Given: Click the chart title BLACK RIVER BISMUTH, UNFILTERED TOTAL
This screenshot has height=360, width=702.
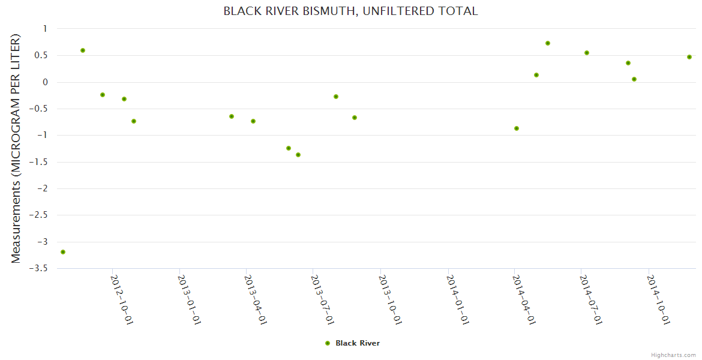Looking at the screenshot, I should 350,11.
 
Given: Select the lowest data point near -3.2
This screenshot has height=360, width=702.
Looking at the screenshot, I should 63,252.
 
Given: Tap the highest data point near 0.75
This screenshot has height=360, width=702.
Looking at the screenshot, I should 548,43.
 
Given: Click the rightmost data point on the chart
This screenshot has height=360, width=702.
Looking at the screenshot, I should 689,57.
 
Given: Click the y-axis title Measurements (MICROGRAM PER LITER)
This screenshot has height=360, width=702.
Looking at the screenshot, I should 16,148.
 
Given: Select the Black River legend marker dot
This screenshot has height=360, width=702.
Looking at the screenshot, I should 328,343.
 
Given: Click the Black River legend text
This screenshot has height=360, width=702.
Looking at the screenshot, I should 358,343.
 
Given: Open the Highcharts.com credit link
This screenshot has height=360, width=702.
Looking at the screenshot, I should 673,355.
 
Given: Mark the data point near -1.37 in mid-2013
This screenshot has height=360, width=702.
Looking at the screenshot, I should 298,155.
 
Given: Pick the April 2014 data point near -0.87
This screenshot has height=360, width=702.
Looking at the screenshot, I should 517,128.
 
